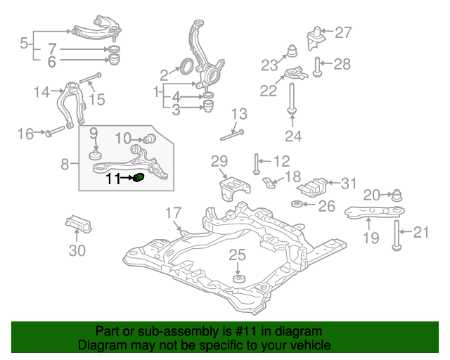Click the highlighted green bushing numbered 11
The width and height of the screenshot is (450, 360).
[139, 177]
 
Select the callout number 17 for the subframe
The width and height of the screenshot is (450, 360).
[174, 213]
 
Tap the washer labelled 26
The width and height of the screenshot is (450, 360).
[297, 204]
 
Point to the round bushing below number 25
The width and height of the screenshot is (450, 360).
[239, 278]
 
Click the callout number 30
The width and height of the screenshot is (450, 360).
[77, 250]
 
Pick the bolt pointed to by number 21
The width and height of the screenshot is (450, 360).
[397, 236]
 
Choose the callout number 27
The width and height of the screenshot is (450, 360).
[343, 32]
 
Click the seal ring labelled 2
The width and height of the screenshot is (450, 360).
[186, 65]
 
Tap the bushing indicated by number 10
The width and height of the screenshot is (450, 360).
[149, 139]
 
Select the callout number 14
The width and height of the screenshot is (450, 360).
[41, 92]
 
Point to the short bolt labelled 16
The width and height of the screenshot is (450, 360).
[56, 131]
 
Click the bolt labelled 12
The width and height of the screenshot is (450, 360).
[256, 164]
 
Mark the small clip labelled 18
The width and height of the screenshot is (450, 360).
[269, 183]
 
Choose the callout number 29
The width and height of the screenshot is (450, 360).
[219, 161]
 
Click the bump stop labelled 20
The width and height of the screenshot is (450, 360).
[397, 195]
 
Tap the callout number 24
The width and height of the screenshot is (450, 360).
[293, 136]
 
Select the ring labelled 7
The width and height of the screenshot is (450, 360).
[115, 49]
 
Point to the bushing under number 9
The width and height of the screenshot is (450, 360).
[96, 155]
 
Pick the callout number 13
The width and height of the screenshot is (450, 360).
[239, 114]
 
